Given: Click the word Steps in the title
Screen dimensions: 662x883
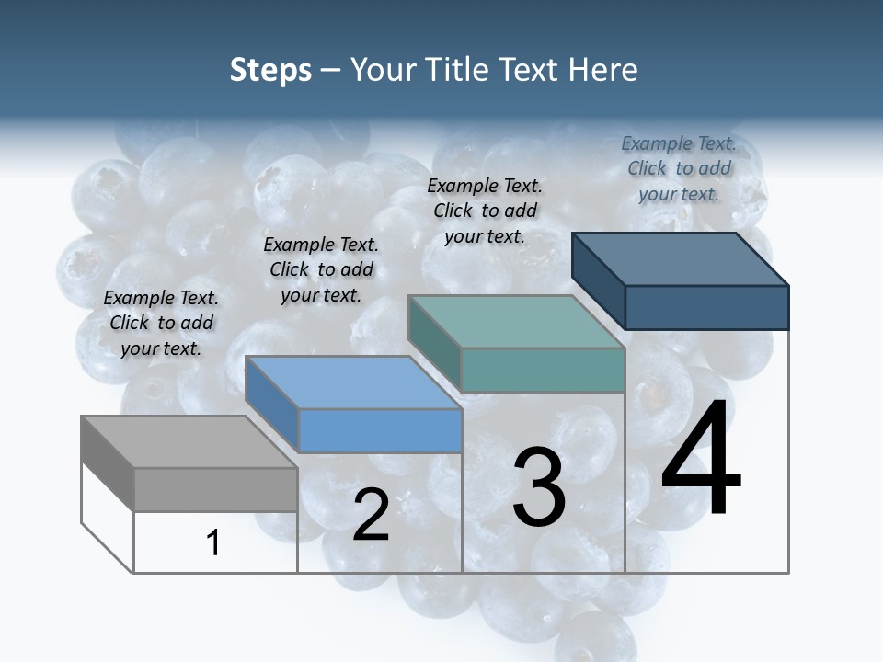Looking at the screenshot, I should pos(270,70).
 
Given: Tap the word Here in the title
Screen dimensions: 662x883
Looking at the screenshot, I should pos(602,70).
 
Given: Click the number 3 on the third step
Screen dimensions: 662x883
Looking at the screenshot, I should pos(539,487).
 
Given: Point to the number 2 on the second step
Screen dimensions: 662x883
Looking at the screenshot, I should pos(371,515).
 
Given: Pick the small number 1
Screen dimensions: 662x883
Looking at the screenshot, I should pos(213,542).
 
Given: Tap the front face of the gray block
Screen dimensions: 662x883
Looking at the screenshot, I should pos(215,489).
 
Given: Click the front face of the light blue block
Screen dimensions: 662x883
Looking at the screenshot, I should pos(380,430).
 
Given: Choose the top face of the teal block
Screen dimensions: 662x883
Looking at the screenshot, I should pos(516,322).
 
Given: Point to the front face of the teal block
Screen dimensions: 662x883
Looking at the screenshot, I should pos(543,370).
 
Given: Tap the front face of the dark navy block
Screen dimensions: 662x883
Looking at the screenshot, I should pos(706,307).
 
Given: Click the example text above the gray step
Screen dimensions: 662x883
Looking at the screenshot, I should pos(161,323).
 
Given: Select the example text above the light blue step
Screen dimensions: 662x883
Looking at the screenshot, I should pos(321,269).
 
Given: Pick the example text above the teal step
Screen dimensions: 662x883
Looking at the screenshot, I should pos(485,211).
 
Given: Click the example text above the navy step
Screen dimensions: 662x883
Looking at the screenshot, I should pos(679,168).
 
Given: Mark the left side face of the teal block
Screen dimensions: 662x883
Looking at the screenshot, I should pos(434,342).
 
